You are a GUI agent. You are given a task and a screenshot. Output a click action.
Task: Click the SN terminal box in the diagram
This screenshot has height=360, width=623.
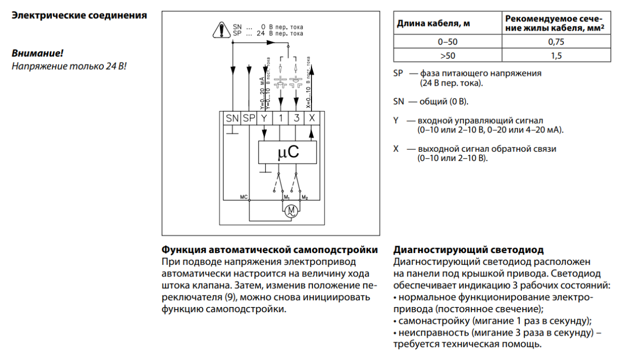pos(232,118)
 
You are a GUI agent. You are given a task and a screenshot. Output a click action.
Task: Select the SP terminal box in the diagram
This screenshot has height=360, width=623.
pos(249,118)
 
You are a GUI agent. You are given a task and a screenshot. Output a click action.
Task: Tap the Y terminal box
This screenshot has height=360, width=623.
pos(265,118)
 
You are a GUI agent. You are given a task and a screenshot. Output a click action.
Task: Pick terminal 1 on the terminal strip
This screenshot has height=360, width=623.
pos(280,118)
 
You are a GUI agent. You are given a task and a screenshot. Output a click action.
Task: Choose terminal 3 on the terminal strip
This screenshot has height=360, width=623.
pos(296,118)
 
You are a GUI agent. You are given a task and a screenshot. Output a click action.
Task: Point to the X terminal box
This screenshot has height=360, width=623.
pos(311,118)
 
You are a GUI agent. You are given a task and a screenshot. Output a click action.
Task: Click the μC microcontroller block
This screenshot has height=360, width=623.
pos(289,152)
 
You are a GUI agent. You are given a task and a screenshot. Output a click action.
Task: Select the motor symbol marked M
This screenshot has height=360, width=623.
pos(291,210)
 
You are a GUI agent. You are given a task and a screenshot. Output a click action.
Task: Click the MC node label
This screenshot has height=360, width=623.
pos(244,196)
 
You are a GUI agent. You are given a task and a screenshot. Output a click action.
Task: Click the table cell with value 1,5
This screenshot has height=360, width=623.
pos(556,56)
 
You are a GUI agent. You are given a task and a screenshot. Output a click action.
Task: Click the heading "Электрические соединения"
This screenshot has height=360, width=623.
pos(79,15)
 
